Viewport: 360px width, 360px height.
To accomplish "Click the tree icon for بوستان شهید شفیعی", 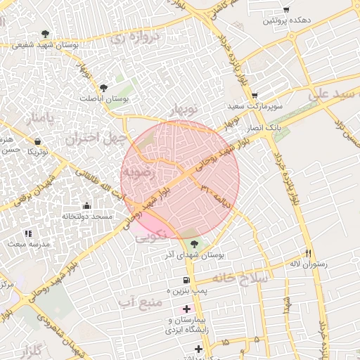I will click(46, 33).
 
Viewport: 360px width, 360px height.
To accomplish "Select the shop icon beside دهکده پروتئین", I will click(286, 10).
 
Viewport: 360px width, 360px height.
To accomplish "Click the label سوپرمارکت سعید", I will click(254, 106).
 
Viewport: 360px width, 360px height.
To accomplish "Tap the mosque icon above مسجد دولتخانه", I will click(86, 205).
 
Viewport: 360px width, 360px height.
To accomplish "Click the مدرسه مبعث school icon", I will click(28, 233).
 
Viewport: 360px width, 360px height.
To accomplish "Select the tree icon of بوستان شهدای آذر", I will click(194, 244).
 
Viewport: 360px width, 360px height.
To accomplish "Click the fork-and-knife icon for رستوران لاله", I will click(308, 253).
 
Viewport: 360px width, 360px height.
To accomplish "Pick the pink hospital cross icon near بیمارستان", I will click(186, 309).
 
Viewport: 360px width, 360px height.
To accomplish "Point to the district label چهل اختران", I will click(95, 138).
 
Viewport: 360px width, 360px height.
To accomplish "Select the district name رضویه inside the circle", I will click(139, 171).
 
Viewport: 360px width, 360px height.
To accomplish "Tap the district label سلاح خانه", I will click(242, 278).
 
